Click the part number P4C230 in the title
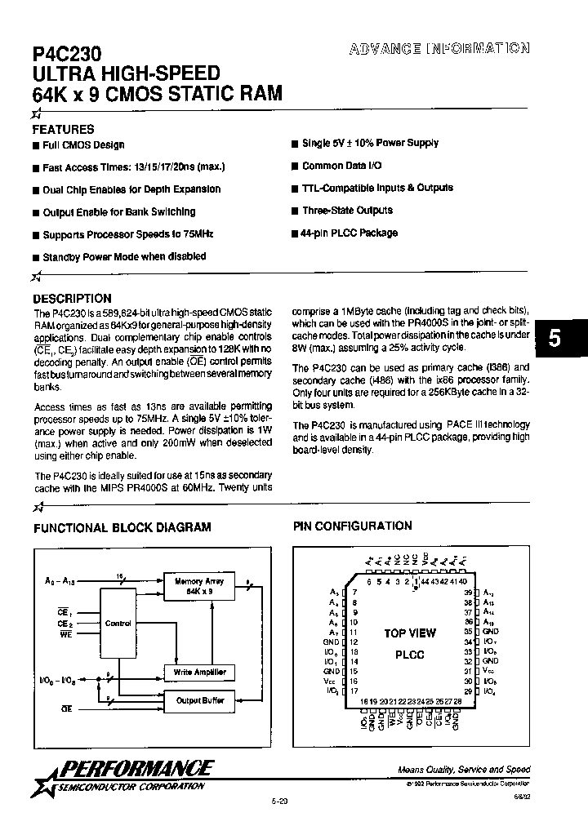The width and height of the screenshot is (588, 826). tap(67, 55)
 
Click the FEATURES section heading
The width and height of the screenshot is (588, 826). tap(63, 129)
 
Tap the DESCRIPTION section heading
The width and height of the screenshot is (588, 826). tap(72, 299)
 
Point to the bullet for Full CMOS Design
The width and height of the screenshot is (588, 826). tap(36, 145)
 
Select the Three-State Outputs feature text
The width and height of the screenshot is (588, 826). tap(347, 211)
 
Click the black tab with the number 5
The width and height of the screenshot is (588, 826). tap(555, 340)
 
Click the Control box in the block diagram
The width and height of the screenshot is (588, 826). tap(118, 623)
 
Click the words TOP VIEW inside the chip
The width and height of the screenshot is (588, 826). tap(410, 633)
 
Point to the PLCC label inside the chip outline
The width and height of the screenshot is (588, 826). tap(410, 655)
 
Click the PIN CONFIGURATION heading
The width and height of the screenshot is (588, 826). tap(353, 526)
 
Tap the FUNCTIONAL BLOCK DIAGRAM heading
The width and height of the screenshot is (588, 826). tap(122, 527)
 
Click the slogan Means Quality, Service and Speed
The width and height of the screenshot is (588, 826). tap(464, 770)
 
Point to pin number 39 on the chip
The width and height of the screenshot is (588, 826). tap(467, 592)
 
